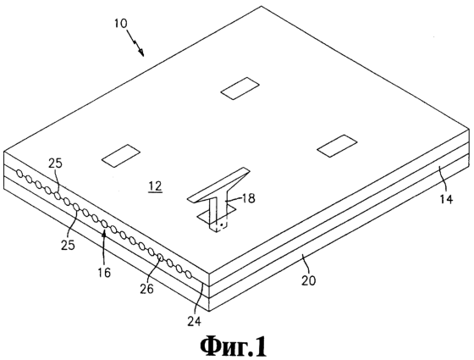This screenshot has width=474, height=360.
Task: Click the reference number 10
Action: pos(121,24)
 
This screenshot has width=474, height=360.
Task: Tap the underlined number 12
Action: pos(156,186)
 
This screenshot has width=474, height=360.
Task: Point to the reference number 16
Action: pos(105,273)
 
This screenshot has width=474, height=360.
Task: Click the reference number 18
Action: pos(247,198)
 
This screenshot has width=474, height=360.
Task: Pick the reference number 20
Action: pos(308,280)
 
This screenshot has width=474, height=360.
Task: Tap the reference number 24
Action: pos(194,322)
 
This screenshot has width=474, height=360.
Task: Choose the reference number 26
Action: pos(146,289)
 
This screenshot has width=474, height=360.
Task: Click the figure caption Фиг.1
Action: pos(234,346)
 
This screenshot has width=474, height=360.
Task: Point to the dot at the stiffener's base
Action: pos(222,225)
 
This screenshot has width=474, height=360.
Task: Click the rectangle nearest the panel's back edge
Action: pos(240,88)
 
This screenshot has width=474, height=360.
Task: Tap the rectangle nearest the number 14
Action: pos(337,146)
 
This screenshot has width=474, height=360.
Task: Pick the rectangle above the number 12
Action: pos(120,156)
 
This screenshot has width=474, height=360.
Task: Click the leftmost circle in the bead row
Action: pos(19,174)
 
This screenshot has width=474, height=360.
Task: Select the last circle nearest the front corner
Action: pos(188,274)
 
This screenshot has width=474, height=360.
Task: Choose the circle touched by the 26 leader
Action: pos(161,258)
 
